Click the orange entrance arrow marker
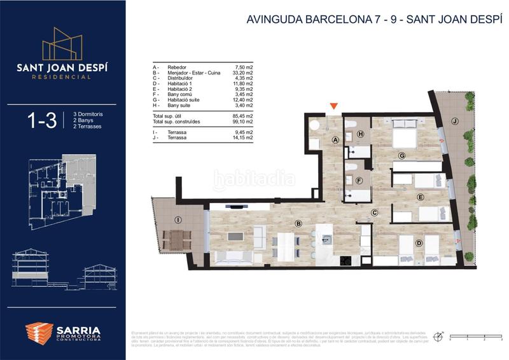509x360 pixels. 333,107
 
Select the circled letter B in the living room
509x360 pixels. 298,223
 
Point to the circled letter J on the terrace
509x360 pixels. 454,120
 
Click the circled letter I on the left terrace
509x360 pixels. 178,220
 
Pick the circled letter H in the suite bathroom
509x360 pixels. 361,134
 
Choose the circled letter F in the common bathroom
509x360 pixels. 360,181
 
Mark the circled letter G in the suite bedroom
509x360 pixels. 402,155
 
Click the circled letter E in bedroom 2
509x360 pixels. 421,198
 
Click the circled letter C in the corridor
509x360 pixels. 375,212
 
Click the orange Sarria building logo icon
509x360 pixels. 39,333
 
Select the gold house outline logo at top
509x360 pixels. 62,43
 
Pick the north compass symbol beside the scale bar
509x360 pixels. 438,336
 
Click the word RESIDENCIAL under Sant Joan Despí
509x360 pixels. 62,77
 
